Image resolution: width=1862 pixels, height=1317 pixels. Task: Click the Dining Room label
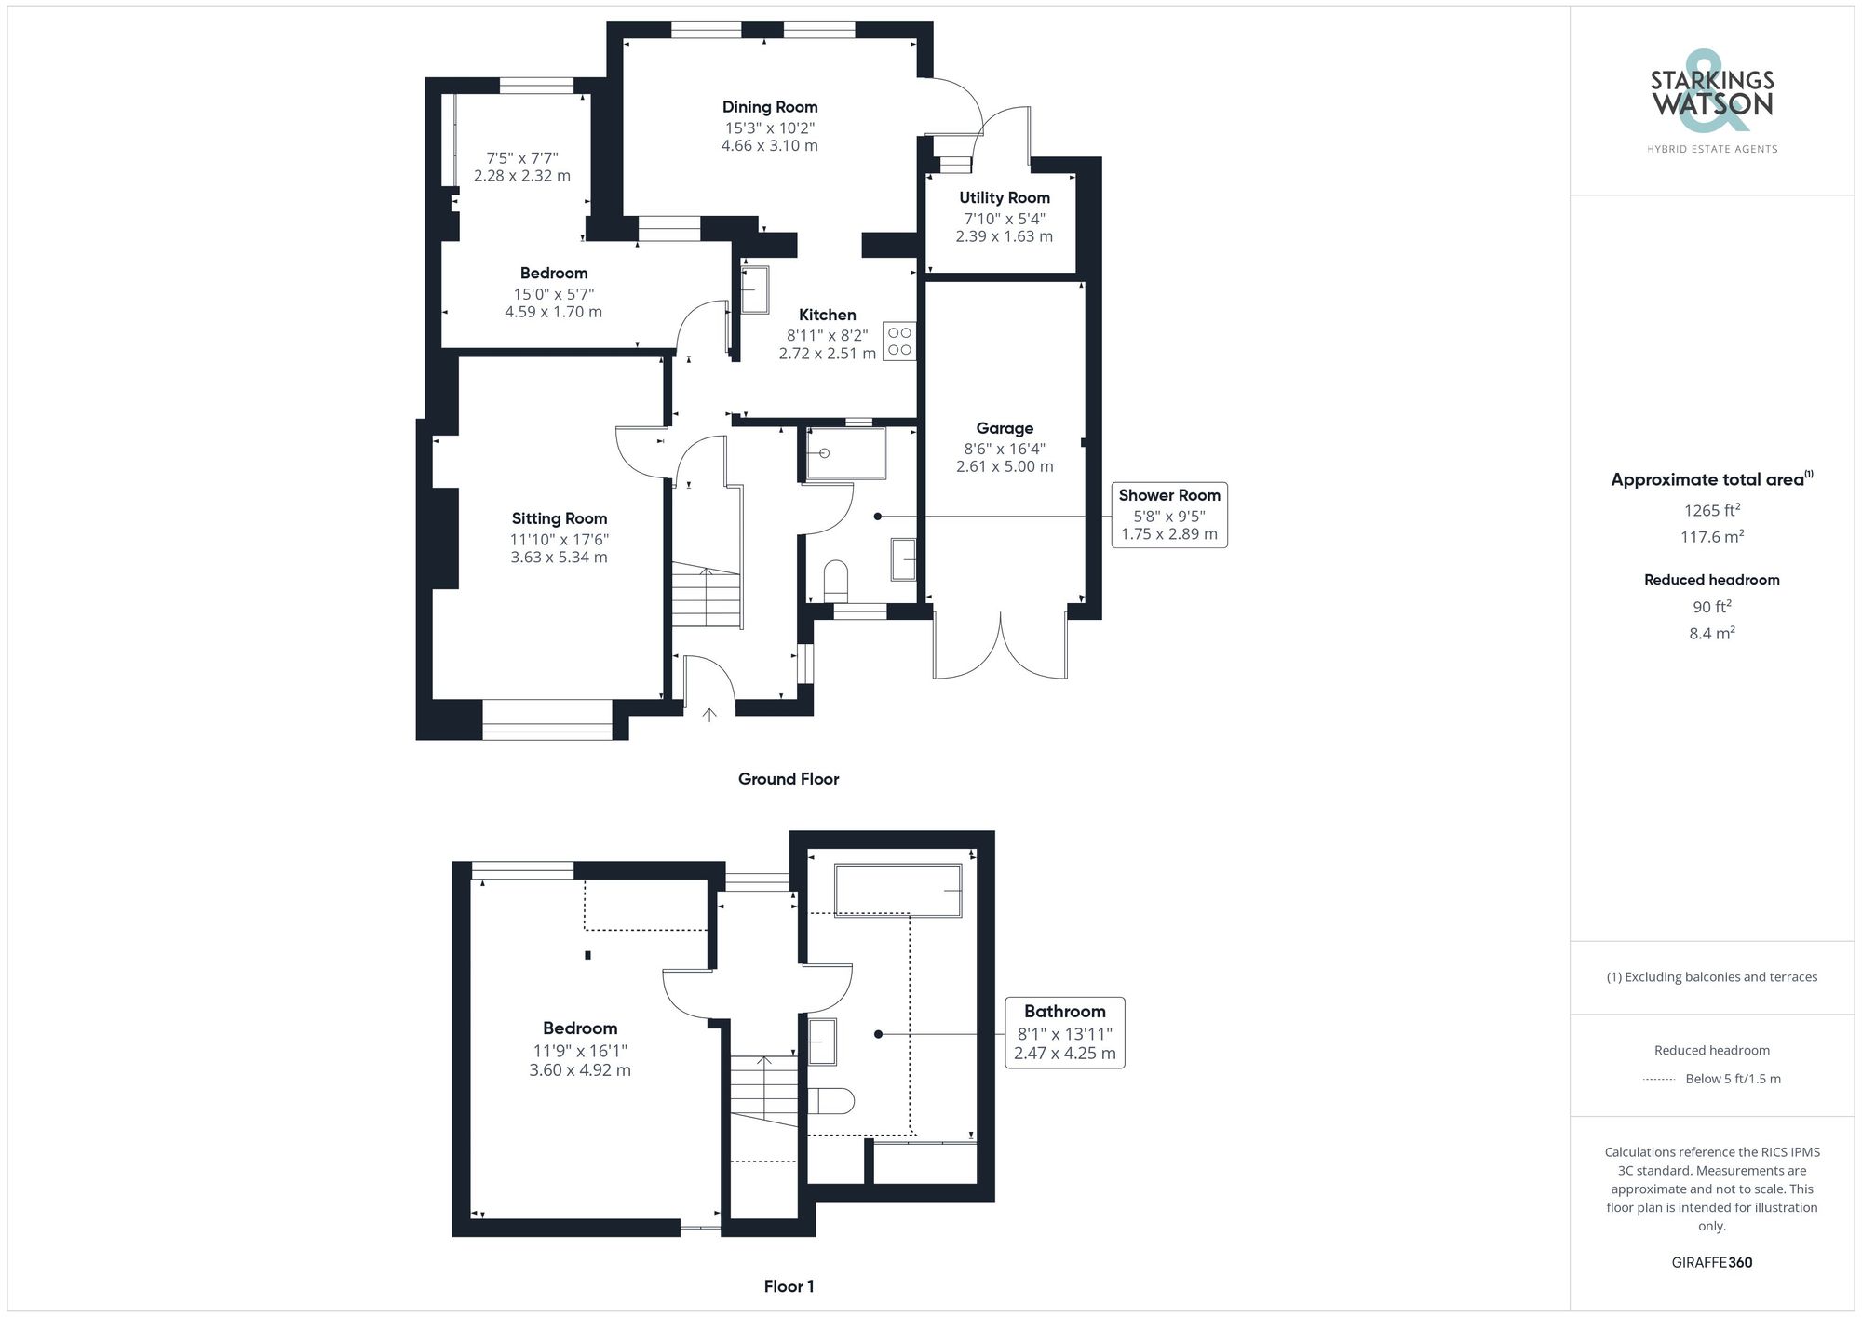tap(770, 107)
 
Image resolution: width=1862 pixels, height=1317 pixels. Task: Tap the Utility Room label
tap(1005, 197)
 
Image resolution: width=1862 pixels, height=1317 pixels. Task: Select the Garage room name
tap(1005, 428)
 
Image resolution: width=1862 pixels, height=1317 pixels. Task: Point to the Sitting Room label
tap(559, 518)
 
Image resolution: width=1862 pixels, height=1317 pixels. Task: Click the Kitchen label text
tap(827, 315)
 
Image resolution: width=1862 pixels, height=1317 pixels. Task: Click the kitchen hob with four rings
tap(899, 342)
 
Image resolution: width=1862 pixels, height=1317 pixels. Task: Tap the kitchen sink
tap(754, 289)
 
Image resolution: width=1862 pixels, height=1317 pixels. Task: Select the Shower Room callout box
tap(1168, 515)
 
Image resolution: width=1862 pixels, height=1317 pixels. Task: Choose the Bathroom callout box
tap(1064, 1033)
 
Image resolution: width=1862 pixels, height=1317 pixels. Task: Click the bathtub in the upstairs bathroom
tap(898, 891)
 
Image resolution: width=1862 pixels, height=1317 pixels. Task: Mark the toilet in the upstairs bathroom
tap(830, 1100)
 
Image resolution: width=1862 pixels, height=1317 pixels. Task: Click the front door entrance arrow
tap(709, 715)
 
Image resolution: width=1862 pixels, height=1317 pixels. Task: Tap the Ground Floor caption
tap(789, 779)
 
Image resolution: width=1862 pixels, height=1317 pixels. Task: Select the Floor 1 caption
tap(789, 1286)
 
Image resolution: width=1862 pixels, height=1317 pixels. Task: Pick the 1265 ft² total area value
tap(1711, 510)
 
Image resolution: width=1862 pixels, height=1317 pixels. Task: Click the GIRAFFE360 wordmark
tap(1711, 1263)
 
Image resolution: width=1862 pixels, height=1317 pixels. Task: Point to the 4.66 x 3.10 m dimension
tap(770, 146)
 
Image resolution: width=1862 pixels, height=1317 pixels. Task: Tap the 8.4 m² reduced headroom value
tap(1711, 634)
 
